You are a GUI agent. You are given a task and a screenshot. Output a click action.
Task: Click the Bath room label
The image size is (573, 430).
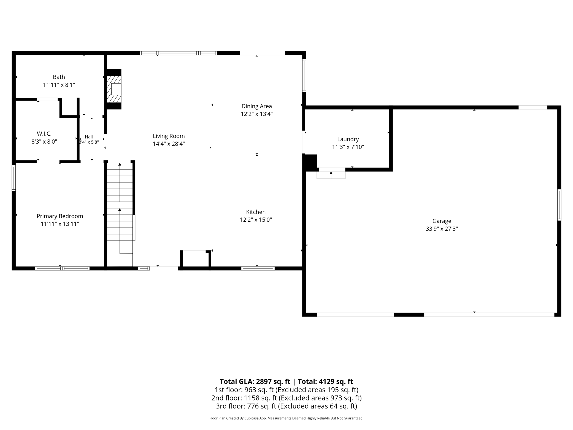point(59,77)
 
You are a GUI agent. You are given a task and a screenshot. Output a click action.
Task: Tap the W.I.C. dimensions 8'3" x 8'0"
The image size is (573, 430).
point(44,142)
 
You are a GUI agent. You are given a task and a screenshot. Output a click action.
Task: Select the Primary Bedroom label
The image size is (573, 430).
point(60,216)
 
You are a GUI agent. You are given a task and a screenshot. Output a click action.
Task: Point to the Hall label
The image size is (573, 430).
point(89,137)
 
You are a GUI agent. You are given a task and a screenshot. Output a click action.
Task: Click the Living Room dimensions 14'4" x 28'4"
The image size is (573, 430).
point(169,144)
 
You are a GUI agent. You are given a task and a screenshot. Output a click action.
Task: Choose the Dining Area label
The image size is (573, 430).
point(256,106)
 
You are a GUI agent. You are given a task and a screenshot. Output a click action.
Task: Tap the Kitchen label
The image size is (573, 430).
point(256,212)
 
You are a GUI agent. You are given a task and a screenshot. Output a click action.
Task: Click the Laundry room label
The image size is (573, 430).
point(348,139)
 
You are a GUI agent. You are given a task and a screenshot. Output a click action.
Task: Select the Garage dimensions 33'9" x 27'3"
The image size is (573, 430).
point(442,229)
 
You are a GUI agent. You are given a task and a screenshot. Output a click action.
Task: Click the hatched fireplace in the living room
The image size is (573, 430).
point(114,89)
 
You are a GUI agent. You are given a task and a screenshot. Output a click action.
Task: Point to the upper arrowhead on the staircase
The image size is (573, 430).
point(120,165)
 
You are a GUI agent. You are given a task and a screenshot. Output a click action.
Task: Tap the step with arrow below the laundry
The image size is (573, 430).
point(331,175)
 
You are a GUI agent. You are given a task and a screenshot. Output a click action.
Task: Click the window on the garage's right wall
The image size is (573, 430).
point(559,205)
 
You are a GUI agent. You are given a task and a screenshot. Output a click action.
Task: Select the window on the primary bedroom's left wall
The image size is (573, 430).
point(13,178)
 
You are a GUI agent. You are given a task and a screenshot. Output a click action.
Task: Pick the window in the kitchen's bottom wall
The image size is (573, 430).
point(258,268)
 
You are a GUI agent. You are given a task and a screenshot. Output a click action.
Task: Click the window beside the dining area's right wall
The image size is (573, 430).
point(304,76)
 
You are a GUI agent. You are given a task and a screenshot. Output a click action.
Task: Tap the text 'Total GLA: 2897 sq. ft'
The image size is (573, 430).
point(255,381)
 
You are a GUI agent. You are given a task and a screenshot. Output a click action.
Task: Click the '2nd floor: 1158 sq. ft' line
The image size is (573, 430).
point(244,398)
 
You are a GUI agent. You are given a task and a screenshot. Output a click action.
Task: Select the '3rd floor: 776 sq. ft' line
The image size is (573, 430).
point(246,406)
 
